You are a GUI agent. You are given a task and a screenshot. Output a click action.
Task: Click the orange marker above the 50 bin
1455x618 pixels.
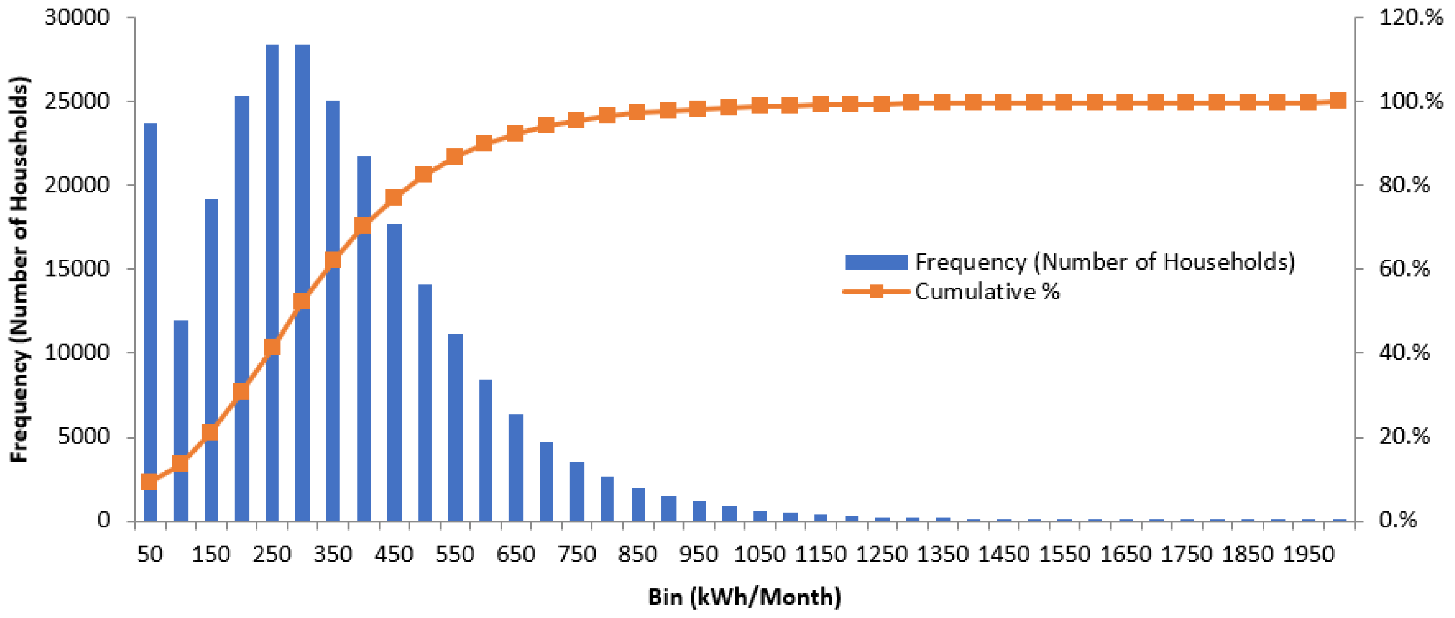149,482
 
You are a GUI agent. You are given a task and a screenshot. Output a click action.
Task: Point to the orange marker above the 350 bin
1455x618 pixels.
333,260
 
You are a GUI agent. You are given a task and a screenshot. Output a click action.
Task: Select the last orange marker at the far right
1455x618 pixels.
1338,101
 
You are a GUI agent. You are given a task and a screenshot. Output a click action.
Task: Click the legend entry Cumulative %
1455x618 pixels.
987,292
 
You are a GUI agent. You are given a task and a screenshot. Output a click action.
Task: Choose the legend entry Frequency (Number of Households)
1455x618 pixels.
1104,262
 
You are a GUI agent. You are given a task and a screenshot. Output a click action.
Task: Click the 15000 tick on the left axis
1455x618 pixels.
77,268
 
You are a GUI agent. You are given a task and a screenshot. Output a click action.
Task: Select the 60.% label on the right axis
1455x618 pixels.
1404,268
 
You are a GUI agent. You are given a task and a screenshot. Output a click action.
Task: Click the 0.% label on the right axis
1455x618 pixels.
1398,520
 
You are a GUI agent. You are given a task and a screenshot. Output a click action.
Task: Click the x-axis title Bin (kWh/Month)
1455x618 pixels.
745,597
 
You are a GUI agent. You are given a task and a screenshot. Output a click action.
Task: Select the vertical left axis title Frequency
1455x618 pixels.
19,269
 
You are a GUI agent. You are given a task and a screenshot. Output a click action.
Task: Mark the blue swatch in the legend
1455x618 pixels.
876,262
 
